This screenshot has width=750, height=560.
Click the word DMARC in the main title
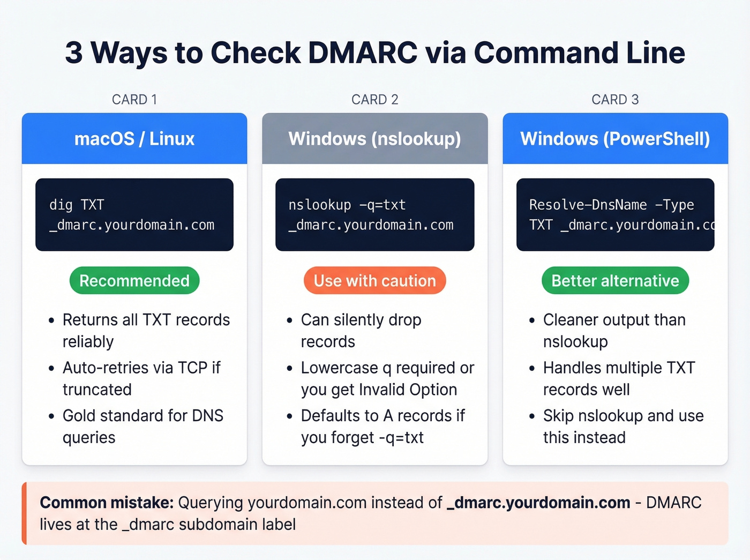[362, 53]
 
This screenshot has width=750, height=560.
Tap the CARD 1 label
[134, 100]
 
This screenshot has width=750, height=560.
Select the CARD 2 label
[374, 100]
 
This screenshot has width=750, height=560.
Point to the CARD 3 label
[615, 100]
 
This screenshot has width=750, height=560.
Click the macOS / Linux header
[134, 139]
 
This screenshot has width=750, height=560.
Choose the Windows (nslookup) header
[374, 139]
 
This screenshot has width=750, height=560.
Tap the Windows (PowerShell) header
[615, 139]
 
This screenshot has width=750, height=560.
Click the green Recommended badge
[134, 281]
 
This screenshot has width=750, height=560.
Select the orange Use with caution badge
[374, 281]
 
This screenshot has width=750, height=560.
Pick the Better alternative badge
[615, 281]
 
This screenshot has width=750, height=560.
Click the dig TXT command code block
[134, 215]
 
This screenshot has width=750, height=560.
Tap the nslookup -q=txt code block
[374, 215]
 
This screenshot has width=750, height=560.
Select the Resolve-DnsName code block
[615, 215]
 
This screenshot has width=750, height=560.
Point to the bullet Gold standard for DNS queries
[142, 427]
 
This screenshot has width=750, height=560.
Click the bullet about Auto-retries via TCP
[141, 378]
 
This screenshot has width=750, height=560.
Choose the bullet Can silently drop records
[361, 331]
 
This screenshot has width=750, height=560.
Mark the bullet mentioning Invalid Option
[387, 378]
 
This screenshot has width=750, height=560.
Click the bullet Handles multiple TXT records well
[619, 378]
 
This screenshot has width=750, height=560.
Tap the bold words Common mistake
[107, 503]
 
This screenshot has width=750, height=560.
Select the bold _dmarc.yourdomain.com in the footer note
[538, 503]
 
